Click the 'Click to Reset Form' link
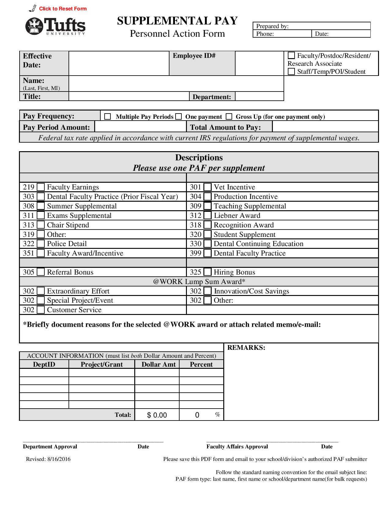[x=63, y=9]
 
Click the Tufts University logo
[x=55, y=26]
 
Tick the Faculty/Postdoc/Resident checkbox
[x=292, y=56]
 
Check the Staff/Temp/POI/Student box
[x=292, y=72]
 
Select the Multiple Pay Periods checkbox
[x=107, y=117]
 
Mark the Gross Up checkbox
[x=229, y=117]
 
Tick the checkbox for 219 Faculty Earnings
[x=41, y=187]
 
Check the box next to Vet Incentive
[x=207, y=187]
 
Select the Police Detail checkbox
[x=41, y=244]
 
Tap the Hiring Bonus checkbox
[x=207, y=272]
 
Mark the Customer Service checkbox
[x=41, y=310]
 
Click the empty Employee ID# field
[x=259, y=63]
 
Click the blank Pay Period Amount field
[x=140, y=127]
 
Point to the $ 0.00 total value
[x=157, y=415]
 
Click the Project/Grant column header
[x=102, y=364]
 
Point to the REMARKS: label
[x=246, y=348]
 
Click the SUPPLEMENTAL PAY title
[x=177, y=21]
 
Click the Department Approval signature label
[x=50, y=447]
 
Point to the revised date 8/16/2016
[x=59, y=459]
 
